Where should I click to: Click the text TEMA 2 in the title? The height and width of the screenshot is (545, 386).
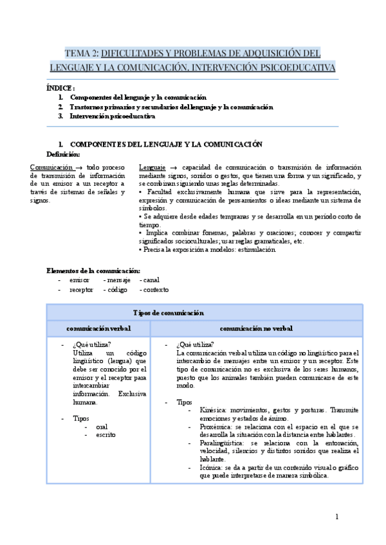pos(81,53)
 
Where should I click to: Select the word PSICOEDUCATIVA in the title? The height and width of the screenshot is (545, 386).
pos(295,67)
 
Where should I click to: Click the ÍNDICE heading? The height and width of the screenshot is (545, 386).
pos(61,87)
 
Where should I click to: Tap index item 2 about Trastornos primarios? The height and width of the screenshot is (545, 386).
pos(171,107)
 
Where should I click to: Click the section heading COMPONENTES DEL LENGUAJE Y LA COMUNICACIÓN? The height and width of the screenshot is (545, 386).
pos(166,144)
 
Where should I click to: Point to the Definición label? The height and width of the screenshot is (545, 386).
pos(64,154)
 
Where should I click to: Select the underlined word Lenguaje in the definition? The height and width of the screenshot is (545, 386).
pos(152,167)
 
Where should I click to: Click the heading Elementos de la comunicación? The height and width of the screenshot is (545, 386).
pos(93,270)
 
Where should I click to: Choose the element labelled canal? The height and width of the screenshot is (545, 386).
pos(151,280)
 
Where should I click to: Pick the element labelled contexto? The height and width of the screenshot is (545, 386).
pos(154,290)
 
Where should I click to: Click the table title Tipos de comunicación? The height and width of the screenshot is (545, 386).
pos(169,313)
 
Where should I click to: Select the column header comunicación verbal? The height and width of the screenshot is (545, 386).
pos(98,328)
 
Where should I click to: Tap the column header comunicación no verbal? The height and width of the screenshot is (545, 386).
pos(256,328)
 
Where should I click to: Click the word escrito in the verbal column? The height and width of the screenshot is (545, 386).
pos(106,435)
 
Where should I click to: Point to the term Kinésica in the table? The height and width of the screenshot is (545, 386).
pos(214,409)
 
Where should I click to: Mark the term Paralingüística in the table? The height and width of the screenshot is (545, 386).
pos(223,443)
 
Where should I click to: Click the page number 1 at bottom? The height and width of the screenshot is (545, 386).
pos(336,516)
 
